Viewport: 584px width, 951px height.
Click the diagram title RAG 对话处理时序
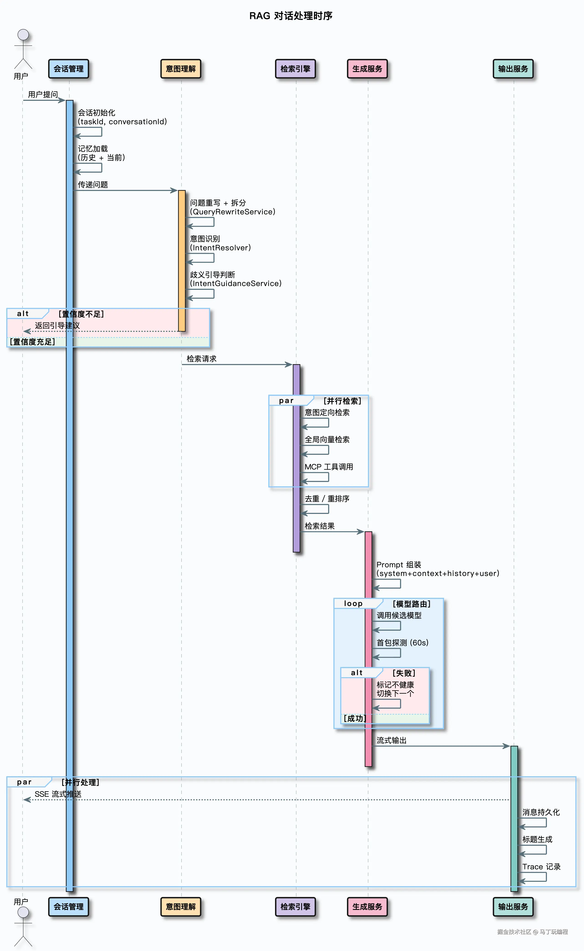tap(291, 16)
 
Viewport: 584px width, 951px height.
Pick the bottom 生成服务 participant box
tap(367, 907)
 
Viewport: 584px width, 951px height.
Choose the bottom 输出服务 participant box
tap(513, 907)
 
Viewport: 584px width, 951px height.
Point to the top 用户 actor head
tap(23, 35)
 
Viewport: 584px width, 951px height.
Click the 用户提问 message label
tap(43, 95)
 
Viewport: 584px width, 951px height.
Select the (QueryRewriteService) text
tap(232, 212)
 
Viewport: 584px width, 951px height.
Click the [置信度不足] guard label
tap(81, 314)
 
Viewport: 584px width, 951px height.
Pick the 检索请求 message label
tap(202, 359)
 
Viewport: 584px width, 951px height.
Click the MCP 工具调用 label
tap(329, 467)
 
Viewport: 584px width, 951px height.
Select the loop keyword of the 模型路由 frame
tap(353, 604)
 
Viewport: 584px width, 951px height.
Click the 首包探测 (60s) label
tap(403, 643)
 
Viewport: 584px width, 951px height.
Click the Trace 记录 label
tap(541, 867)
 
